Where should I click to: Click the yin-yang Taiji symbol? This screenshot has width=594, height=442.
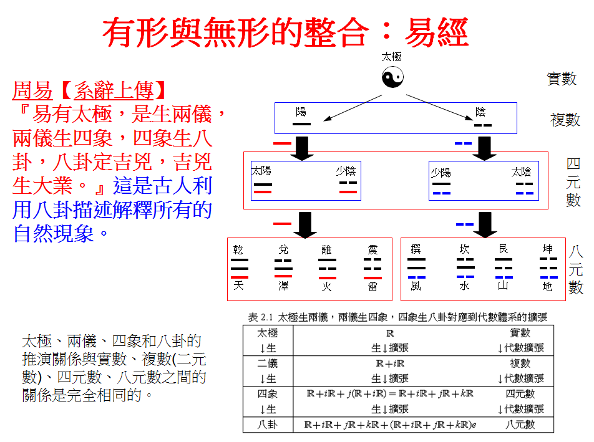pyautogui.click(x=392, y=77)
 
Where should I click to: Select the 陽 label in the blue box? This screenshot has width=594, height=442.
pyautogui.click(x=301, y=112)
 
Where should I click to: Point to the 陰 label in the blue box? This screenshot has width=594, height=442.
pyautogui.click(x=480, y=112)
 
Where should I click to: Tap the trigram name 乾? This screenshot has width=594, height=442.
pyautogui.click(x=238, y=250)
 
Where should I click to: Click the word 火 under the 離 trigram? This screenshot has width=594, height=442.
pyautogui.click(x=327, y=287)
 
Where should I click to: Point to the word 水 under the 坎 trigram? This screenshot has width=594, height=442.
pyautogui.click(x=464, y=287)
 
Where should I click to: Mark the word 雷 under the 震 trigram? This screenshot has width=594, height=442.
pyautogui.click(x=372, y=287)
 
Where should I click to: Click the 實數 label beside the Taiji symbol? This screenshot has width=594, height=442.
pyautogui.click(x=562, y=79)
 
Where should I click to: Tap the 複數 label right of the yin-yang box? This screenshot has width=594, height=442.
pyautogui.click(x=565, y=120)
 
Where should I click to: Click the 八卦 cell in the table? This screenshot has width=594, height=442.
pyautogui.click(x=267, y=425)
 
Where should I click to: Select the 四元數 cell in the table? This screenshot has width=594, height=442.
pyautogui.click(x=520, y=394)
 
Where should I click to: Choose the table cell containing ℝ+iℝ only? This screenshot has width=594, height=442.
pyautogui.click(x=390, y=363)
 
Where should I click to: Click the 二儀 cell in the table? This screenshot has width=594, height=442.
pyautogui.click(x=267, y=363)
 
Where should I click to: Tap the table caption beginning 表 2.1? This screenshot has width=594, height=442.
pyautogui.click(x=397, y=317)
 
